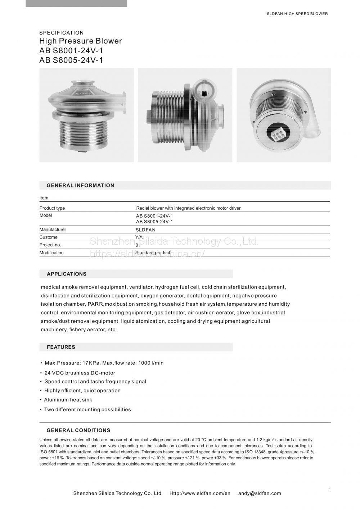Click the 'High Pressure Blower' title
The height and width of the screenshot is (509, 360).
(80, 41)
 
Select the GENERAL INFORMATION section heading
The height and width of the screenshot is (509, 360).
(80, 186)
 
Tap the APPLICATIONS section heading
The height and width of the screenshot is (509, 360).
(67, 274)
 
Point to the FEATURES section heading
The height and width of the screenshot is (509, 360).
(61, 347)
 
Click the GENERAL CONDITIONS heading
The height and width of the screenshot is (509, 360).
(78, 430)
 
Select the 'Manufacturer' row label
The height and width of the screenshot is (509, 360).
(53, 229)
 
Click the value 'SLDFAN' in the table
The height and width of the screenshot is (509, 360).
(145, 229)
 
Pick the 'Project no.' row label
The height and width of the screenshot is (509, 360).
(50, 245)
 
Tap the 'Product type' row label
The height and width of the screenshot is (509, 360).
(52, 208)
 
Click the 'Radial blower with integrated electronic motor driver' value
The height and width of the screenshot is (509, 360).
(188, 208)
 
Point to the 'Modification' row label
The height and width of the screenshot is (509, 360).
(51, 253)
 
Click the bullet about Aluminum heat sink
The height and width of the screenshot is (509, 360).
(68, 400)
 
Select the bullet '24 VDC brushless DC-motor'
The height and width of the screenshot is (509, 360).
(80, 373)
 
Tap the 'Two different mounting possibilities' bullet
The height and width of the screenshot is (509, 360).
(87, 409)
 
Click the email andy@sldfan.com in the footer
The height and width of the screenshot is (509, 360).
(259, 494)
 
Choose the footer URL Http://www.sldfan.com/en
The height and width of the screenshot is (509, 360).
(200, 494)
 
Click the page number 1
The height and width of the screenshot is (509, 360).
(330, 490)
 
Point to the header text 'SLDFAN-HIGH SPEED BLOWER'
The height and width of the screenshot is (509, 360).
(297, 14)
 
